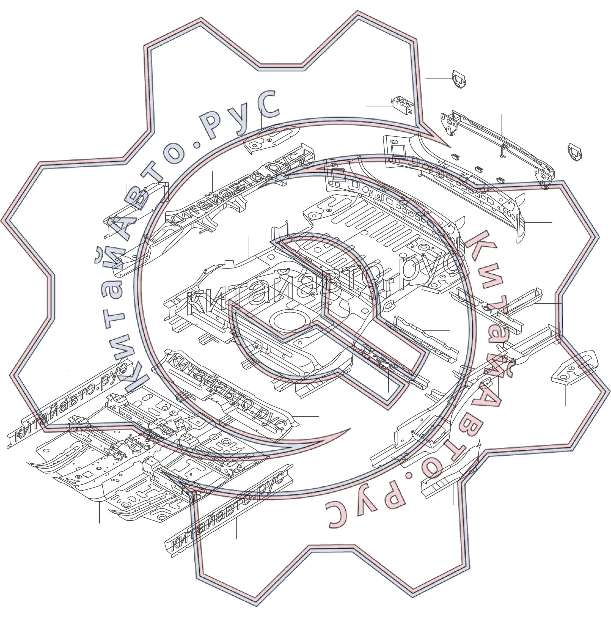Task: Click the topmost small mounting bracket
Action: [458, 79]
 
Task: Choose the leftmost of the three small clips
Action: [455, 156]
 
